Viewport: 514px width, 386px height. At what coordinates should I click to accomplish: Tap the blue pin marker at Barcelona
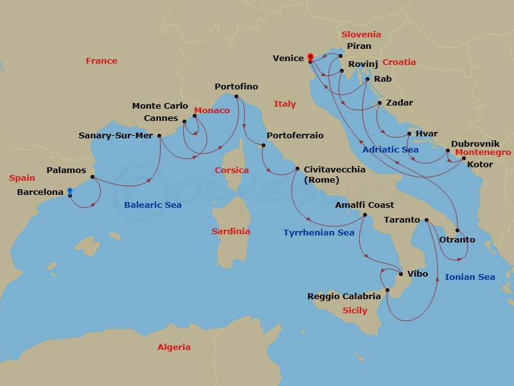click(69, 191)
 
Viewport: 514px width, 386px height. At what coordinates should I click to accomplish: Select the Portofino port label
click(236, 87)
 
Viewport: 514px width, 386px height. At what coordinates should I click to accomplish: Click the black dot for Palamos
click(93, 177)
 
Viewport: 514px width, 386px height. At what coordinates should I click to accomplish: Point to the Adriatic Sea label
click(391, 150)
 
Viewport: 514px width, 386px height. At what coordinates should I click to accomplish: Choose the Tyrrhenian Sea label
click(319, 233)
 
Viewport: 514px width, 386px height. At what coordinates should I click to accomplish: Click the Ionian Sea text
click(470, 277)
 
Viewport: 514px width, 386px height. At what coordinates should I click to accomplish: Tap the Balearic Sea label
click(152, 205)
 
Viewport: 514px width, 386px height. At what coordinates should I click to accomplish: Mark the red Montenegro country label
click(483, 153)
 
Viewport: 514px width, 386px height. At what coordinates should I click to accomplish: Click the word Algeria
click(174, 347)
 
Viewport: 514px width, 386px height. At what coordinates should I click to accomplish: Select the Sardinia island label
click(231, 232)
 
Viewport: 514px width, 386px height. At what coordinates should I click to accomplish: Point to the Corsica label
click(231, 170)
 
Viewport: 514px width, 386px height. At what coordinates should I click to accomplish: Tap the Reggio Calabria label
click(344, 297)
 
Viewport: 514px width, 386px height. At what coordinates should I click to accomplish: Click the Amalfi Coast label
click(365, 205)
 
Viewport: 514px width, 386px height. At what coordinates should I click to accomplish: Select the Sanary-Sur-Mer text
click(116, 136)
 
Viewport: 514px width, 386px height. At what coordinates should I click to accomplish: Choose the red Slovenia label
click(361, 35)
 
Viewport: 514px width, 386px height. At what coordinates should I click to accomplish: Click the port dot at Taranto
click(427, 220)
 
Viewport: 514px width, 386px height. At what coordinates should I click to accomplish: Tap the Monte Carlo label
click(160, 106)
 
